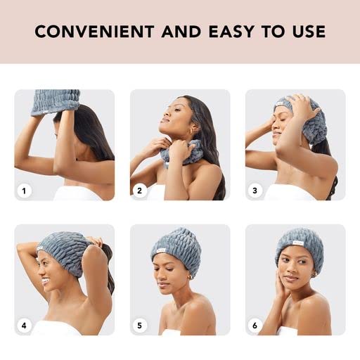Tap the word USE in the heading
click(x=307, y=32)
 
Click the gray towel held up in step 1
click(x=56, y=101)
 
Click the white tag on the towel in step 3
click(x=280, y=107)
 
